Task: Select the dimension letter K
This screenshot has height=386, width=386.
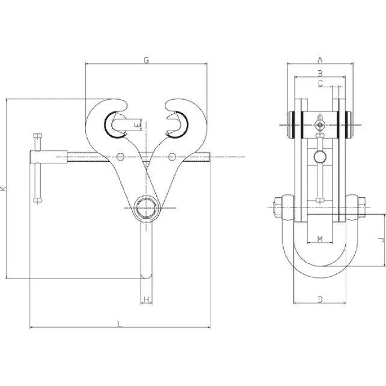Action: click(x=4, y=188)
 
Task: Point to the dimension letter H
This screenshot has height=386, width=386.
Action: click(x=146, y=299)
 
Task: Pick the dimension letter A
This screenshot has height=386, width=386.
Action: click(x=320, y=60)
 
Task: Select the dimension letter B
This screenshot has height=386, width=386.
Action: click(x=320, y=73)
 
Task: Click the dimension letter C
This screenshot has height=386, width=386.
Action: click(x=320, y=84)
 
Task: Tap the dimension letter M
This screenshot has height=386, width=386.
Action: click(x=320, y=239)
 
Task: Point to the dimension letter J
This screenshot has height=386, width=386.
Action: click(x=381, y=239)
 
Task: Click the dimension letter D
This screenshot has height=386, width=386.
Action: click(x=320, y=299)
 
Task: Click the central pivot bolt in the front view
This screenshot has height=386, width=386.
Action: click(x=146, y=207)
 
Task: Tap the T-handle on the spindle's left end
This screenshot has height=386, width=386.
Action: click(x=38, y=167)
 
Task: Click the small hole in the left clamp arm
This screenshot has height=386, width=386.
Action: click(x=121, y=157)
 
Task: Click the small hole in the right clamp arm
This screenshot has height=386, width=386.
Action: click(x=172, y=157)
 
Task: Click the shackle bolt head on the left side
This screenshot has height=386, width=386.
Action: click(x=277, y=208)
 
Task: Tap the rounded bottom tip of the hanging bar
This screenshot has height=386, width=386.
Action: click(x=146, y=276)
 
